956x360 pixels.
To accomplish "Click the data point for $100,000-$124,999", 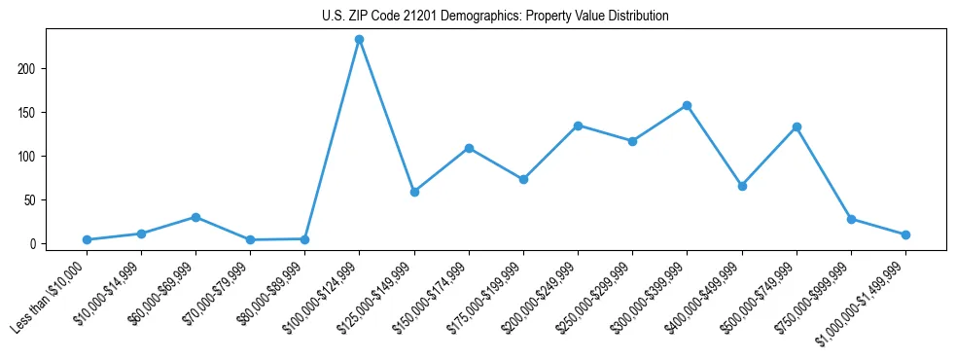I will pos(360,40).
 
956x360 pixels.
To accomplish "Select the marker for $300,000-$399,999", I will pos(688,105).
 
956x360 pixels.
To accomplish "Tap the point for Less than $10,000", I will pos(87,239).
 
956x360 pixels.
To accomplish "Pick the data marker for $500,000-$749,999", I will pos(797,126).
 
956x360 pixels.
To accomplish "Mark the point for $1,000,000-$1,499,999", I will pos(905,234).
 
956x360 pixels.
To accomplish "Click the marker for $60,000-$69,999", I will pos(195,217).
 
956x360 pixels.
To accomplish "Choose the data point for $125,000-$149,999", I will pos(414,192).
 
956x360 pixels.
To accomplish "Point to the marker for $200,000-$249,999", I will pos(578,126).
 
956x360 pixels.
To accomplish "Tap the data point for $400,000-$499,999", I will pos(742,186).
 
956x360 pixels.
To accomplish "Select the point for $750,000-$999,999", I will pos(851,219).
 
